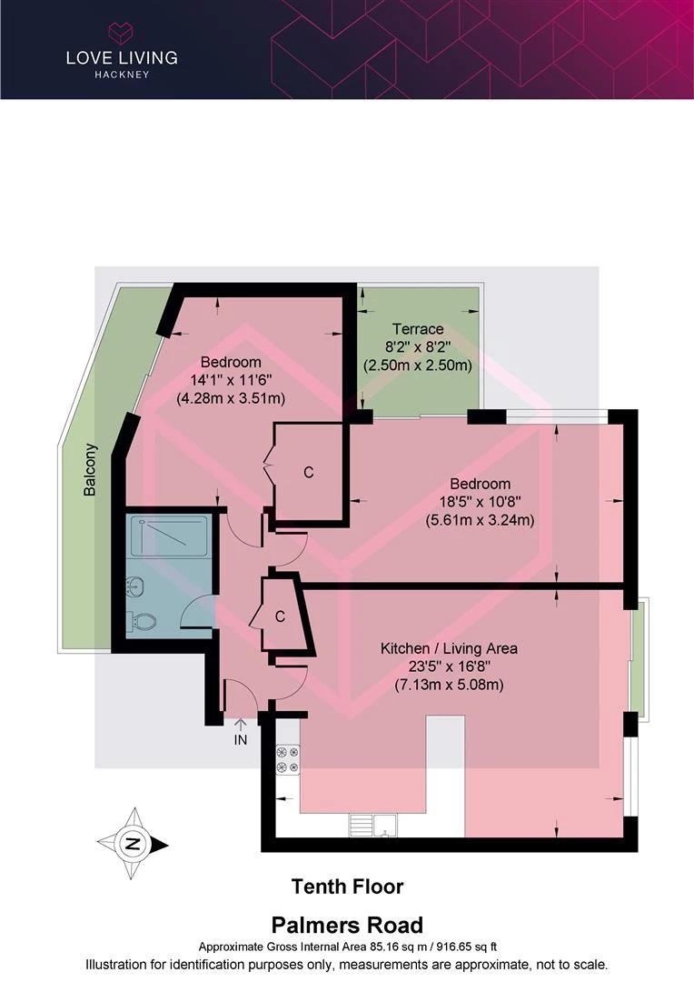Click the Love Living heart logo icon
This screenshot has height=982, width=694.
122,32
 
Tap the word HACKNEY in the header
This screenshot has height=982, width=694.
122,75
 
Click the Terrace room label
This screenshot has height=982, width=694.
418,329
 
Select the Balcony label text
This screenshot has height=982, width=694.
91,470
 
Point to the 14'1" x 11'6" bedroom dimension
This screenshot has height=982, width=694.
231,379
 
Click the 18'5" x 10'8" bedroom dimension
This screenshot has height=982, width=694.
480,501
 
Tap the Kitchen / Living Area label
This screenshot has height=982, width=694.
449,648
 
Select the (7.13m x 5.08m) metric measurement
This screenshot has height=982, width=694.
449,685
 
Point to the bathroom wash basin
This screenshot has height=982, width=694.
135,586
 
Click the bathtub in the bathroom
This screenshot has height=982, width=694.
167,536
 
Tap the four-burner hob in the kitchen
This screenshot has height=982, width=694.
288,759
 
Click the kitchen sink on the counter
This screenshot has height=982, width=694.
373,825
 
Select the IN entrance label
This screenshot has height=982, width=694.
241,739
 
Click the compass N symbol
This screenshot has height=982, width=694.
132,844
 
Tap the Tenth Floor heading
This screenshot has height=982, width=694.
347,887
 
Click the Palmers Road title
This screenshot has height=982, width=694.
347,925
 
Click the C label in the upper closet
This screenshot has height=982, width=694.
309,472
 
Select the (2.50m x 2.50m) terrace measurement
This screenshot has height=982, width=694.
418,365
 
